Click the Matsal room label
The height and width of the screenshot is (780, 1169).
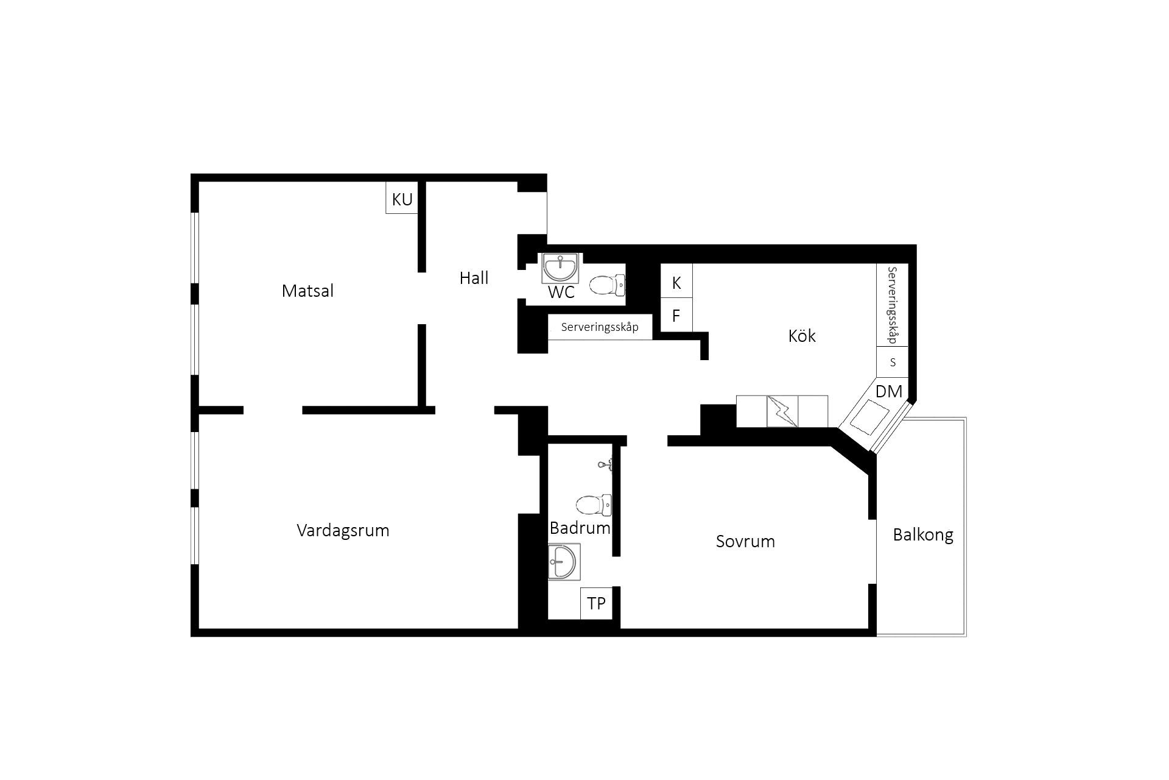pos(307,291)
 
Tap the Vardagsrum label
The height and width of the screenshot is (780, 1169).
pos(343,530)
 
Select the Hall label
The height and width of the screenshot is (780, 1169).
pos(474,278)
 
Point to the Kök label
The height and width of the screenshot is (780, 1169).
pos(802,336)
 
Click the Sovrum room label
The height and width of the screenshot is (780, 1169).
pos(745,541)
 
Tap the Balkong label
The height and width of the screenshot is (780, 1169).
pos(923,535)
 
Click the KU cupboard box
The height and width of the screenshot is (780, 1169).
pos(402,198)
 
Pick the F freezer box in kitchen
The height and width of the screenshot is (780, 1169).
pos(676,315)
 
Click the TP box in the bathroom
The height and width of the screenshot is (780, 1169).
pos(596,603)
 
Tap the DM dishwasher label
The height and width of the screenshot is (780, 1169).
pos(889,391)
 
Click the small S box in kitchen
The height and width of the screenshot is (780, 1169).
pos(893,362)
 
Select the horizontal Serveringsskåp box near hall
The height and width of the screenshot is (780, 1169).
pos(600,327)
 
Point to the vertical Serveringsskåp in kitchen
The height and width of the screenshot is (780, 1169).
pos(893,305)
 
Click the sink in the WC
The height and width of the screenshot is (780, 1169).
pos(560,268)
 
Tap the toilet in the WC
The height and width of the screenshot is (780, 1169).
pos(607,285)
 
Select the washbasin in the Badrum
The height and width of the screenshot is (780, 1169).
pos(564,562)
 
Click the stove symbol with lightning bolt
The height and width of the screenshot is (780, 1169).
pos(782,411)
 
